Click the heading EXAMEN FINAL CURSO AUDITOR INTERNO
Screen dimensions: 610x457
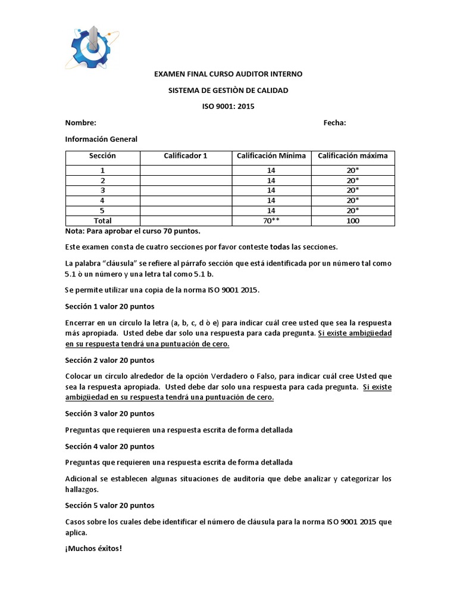click(228, 74)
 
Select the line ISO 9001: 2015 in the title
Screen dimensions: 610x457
click(228, 107)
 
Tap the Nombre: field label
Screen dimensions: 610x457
click(80, 123)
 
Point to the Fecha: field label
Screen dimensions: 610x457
click(334, 123)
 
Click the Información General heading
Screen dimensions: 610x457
click(101, 139)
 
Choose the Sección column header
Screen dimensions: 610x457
click(102, 156)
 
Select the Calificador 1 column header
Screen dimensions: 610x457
click(186, 156)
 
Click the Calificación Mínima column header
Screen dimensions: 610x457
click(271, 156)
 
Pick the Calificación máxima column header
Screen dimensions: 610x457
click(352, 156)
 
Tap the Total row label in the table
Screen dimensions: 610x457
click(102, 220)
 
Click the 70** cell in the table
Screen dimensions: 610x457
click(271, 220)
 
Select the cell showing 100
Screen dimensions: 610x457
click(352, 220)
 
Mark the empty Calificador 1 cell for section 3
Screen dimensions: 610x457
click(186, 190)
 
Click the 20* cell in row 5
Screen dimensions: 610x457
click(352, 210)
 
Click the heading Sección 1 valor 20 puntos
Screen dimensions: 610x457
click(109, 307)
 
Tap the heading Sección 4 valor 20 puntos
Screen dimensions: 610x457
click(109, 446)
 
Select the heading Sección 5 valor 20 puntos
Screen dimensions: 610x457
click(109, 505)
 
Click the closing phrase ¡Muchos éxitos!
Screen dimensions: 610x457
click(93, 548)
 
